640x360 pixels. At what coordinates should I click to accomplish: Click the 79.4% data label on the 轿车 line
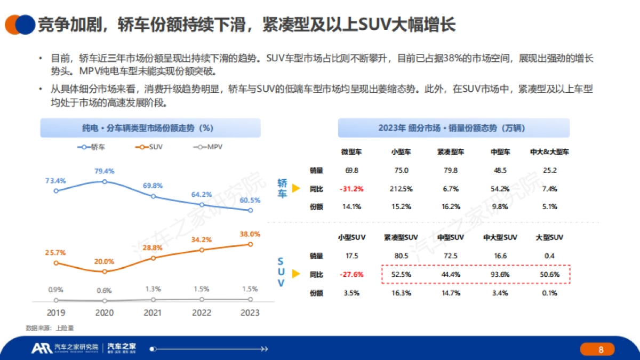pos(105,171)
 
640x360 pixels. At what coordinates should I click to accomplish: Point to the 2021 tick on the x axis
pos(153,313)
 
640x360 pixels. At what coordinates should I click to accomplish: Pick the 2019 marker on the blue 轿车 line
pos(56,190)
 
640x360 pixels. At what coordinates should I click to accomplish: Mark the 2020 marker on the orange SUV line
pos(105,271)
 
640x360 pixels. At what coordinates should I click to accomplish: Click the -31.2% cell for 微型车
pos(351,189)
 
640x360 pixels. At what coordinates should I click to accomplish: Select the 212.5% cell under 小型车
pos(401,189)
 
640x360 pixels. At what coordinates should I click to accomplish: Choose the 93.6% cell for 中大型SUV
pos(500,274)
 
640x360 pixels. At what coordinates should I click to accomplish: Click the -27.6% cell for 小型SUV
pos(351,274)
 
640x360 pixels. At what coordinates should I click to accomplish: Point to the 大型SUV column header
pos(549,237)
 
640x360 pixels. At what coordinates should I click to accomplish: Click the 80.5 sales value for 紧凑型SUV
pos(401,256)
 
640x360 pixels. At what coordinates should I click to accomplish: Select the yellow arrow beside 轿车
pos(295,188)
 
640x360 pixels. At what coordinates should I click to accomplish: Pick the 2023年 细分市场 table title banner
pos(453,128)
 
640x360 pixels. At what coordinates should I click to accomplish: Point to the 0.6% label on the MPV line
pos(105,290)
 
